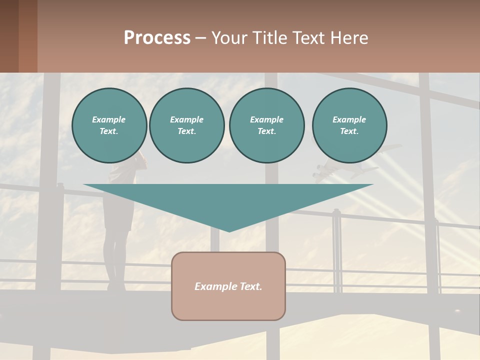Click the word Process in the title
(x=157, y=38)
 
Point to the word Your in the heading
(x=229, y=38)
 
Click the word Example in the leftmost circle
(x=109, y=119)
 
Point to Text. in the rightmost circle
(x=349, y=131)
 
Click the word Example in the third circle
(x=266, y=119)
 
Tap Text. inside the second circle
(x=186, y=131)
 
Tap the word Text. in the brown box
(x=250, y=286)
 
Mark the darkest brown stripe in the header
(x=9, y=36)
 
